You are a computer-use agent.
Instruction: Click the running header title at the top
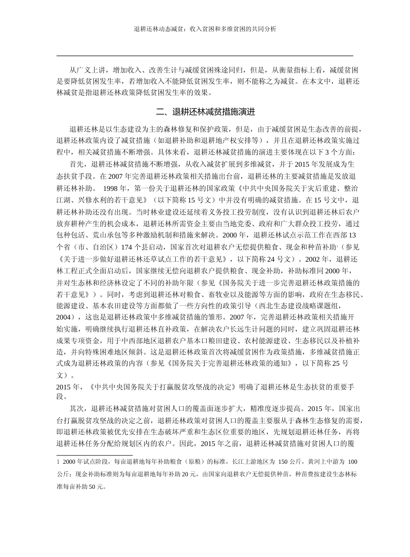point(205,29)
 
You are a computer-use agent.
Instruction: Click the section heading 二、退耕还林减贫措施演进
point(205,112)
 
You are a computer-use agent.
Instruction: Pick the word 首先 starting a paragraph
point(76,165)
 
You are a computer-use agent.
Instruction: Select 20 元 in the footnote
point(188,474)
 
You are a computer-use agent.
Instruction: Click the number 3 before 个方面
point(328,152)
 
